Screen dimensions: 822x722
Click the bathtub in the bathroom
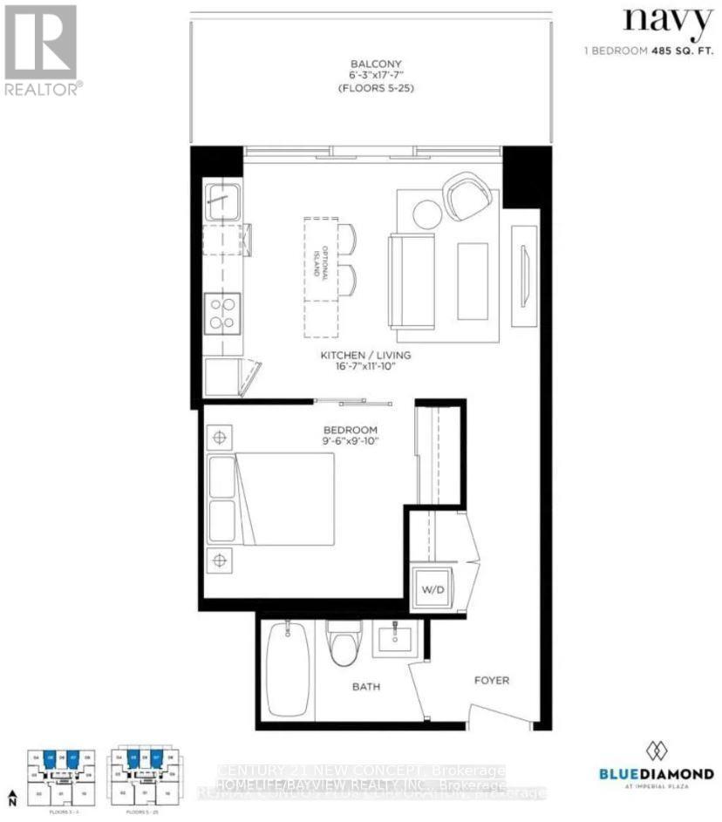point(286,669)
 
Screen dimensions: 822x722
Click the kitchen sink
point(223,201)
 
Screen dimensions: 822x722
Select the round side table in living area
point(427,214)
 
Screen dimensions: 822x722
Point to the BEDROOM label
point(351,431)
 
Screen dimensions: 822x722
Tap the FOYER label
point(491,680)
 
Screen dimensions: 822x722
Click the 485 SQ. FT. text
point(681,51)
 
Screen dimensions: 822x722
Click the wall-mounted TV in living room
point(524,275)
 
